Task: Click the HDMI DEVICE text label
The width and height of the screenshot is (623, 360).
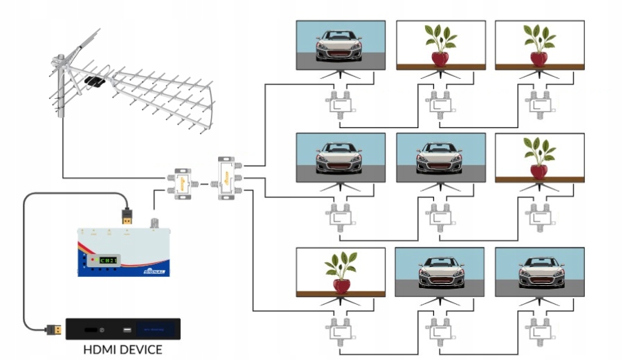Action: tap(123, 350)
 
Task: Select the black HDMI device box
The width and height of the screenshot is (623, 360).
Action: tap(123, 329)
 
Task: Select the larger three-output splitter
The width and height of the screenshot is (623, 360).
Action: tap(226, 179)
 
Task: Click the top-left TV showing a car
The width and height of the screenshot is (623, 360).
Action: tap(341, 45)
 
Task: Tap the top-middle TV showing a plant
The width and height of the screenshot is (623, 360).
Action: tap(440, 45)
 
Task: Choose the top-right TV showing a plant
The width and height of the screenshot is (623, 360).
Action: tap(540, 45)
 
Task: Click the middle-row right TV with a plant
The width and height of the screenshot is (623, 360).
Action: tap(540, 158)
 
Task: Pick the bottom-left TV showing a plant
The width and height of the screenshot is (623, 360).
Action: tap(341, 272)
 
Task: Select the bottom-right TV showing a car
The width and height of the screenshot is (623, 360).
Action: tap(540, 272)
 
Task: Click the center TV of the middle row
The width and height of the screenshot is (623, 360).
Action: tap(440, 158)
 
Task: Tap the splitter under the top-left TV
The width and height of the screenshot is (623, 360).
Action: tap(341, 103)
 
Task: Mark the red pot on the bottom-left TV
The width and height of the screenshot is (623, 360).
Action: tap(341, 285)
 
